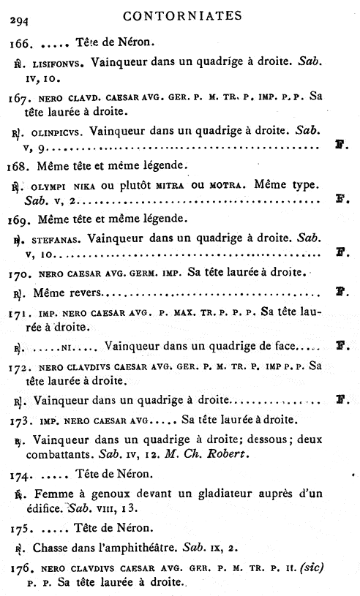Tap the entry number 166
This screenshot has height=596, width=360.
pos(18,45)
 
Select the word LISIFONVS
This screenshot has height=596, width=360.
pos(59,65)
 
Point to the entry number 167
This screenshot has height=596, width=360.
pos(20,97)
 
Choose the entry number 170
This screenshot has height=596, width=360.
pos(20,274)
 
